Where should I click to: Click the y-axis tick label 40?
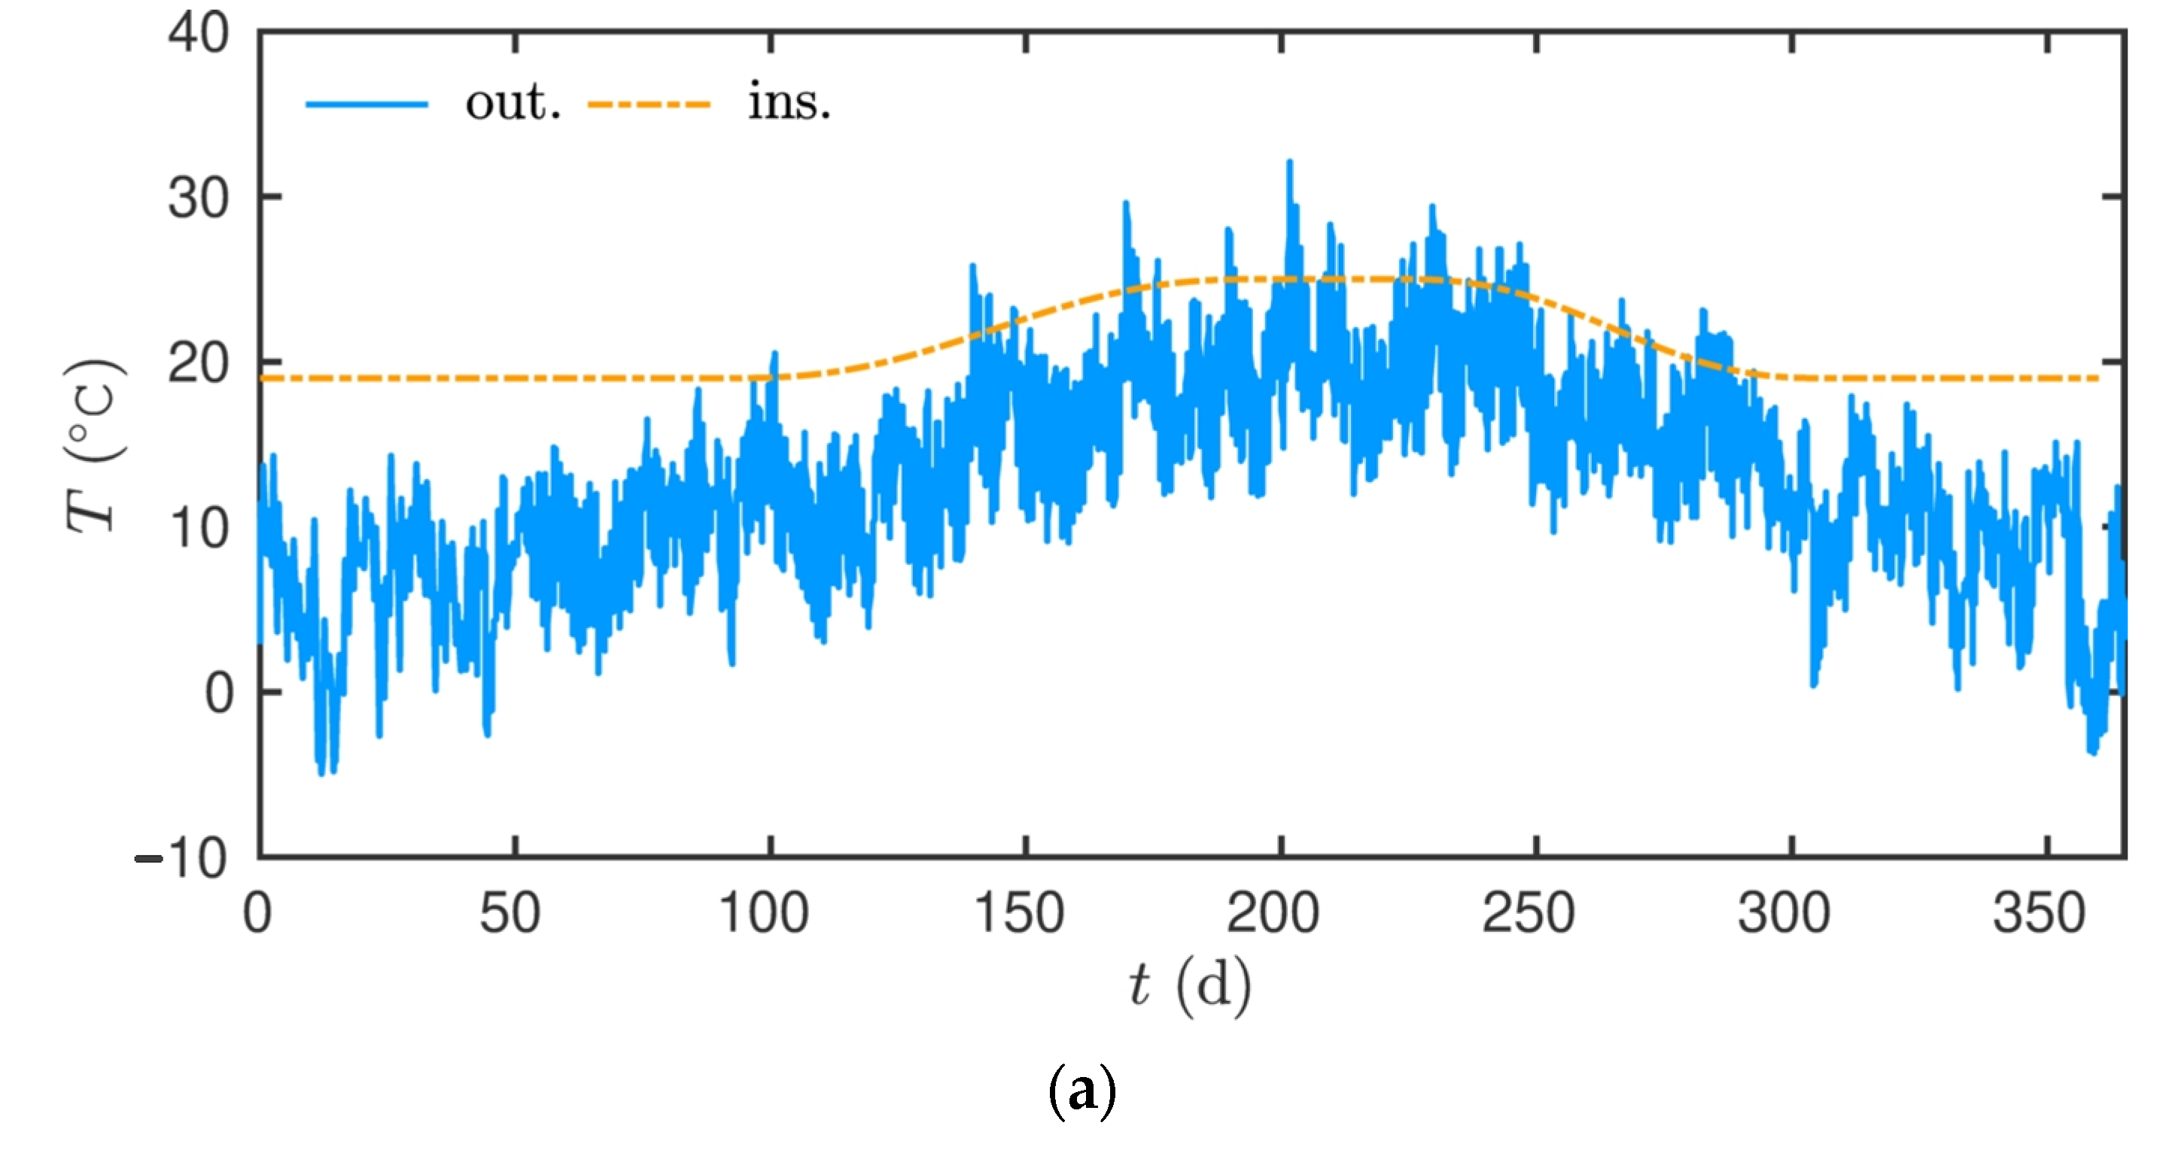[x=199, y=35]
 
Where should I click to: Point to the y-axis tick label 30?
[x=199, y=199]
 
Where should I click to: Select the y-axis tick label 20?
[x=199, y=364]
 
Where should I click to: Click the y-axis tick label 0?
[x=221, y=694]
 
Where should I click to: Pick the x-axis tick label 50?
[x=510, y=914]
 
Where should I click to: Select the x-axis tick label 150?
[x=1019, y=914]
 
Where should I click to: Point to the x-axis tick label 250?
[x=1529, y=914]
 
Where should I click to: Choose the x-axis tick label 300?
[x=1784, y=914]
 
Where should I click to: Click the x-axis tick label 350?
[x=2040, y=914]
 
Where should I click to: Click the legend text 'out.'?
[x=513, y=102]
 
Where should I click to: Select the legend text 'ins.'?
[x=789, y=102]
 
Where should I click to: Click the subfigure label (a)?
[x=1082, y=1091]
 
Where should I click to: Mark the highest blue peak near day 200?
[x=1290, y=162]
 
